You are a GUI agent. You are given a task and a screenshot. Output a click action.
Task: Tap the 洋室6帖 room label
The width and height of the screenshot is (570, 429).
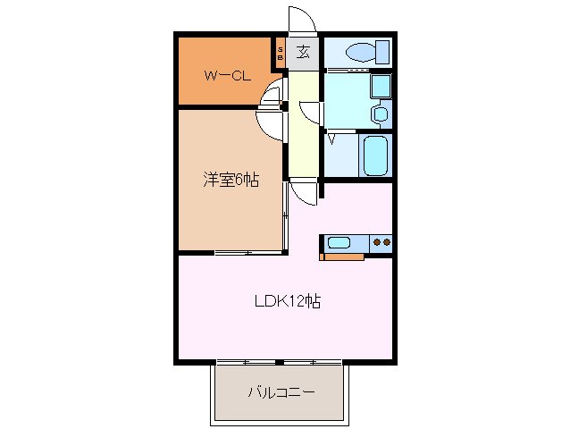pyautogui.click(x=230, y=180)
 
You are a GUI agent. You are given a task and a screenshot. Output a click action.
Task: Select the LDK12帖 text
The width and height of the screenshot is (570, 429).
pyautogui.click(x=285, y=301)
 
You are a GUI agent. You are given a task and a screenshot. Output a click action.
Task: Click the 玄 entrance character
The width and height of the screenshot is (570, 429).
pyautogui.click(x=303, y=52)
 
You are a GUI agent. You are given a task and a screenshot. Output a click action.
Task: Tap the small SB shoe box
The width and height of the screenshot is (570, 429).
pyautogui.click(x=281, y=52)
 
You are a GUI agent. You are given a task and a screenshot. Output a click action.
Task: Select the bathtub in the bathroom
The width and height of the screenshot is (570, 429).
pyautogui.click(x=375, y=157)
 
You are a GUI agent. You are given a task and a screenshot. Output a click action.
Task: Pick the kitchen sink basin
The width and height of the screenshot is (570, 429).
pyautogui.click(x=339, y=241)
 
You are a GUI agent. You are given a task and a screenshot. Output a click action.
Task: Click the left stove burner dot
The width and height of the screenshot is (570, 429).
pyautogui.click(x=377, y=241)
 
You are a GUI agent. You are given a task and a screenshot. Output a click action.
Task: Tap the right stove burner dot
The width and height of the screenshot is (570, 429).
pyautogui.click(x=388, y=241)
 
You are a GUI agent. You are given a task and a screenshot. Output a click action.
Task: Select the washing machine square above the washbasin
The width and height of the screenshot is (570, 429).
pyautogui.click(x=380, y=87)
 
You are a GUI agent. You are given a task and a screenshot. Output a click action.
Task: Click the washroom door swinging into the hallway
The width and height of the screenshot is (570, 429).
pyautogui.click(x=310, y=111)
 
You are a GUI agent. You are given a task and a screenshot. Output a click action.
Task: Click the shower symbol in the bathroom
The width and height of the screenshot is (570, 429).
pyautogui.click(x=332, y=138)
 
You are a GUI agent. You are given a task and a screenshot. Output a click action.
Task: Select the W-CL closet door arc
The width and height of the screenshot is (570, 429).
pyautogui.click(x=270, y=93)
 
